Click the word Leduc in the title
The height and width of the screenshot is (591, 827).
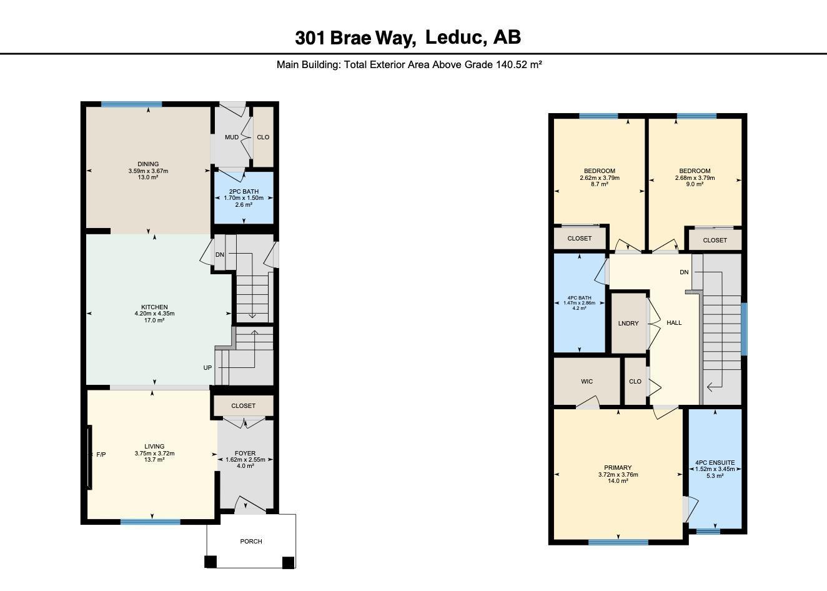pyautogui.click(x=453, y=37)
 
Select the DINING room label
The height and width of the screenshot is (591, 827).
pyautogui.click(x=148, y=164)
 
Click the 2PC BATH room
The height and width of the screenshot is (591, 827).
pyautogui.click(x=244, y=197)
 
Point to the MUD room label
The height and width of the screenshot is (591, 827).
pyautogui.click(x=232, y=137)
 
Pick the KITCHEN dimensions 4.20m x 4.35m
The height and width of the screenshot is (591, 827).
pyautogui.click(x=154, y=314)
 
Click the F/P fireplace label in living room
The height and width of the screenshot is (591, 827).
pyautogui.click(x=101, y=455)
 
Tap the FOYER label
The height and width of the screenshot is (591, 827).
pyautogui.click(x=245, y=453)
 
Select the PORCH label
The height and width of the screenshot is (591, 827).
pyautogui.click(x=251, y=541)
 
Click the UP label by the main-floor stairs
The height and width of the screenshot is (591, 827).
pyautogui.click(x=207, y=368)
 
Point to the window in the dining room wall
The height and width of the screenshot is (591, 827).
pyautogui.click(x=131, y=104)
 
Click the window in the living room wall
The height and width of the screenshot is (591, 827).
pyautogui.click(x=151, y=522)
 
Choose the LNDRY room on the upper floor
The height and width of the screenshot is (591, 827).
pyautogui.click(x=628, y=323)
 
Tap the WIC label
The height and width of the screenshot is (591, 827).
pyautogui.click(x=587, y=382)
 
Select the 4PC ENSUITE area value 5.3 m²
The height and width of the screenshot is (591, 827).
pyautogui.click(x=715, y=476)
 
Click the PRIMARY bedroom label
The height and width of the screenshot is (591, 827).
pyautogui.click(x=618, y=468)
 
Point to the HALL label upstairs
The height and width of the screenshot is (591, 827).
pyautogui.click(x=674, y=323)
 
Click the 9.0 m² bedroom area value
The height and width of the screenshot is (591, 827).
pyautogui.click(x=695, y=184)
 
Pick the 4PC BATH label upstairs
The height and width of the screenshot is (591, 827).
pyautogui.click(x=579, y=298)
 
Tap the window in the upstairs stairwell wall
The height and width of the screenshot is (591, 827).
pyautogui.click(x=745, y=329)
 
